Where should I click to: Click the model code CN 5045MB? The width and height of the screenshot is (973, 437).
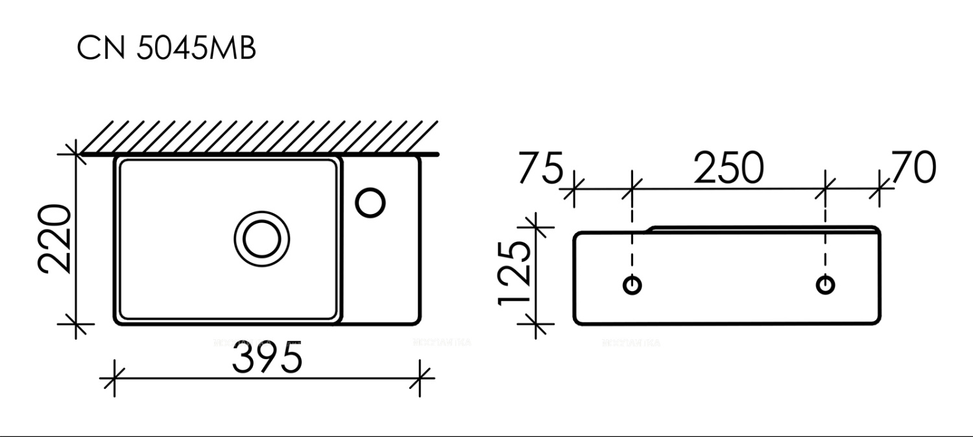click(x=167, y=49)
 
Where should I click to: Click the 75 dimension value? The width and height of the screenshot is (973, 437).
click(x=540, y=169)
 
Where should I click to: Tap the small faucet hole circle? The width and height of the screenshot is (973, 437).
click(x=370, y=202)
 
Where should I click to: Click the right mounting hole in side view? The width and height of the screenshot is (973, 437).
click(x=825, y=285)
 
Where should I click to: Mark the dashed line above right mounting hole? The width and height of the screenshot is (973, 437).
click(x=825, y=240)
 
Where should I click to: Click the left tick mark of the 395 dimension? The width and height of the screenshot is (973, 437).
click(x=114, y=377)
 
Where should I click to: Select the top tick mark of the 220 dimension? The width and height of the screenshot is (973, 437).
click(x=77, y=154)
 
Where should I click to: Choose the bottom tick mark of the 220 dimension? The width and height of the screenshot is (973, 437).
click(x=77, y=324)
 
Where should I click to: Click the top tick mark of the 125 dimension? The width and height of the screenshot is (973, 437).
click(x=536, y=228)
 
